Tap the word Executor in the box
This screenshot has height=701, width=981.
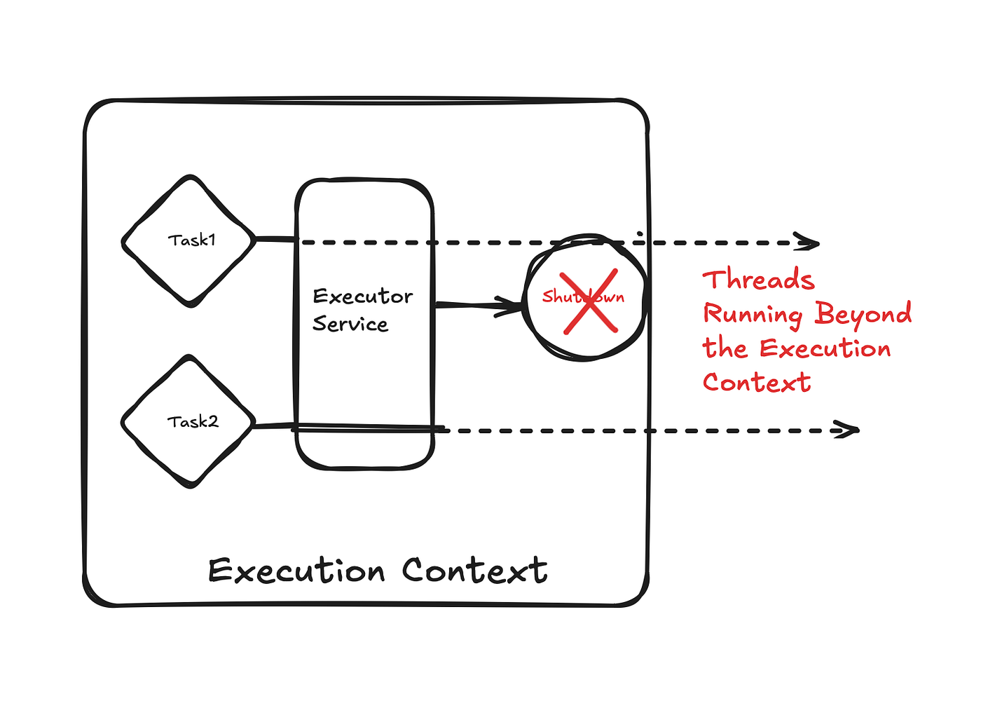(x=362, y=297)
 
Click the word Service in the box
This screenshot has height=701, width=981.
(x=350, y=324)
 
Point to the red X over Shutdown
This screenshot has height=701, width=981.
(x=589, y=301)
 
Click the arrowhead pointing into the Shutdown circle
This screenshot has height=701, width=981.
(x=510, y=306)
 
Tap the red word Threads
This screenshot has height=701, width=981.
(x=758, y=280)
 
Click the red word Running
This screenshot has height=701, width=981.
(x=753, y=315)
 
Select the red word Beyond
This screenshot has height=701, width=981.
(x=863, y=315)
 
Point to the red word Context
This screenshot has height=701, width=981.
(x=757, y=383)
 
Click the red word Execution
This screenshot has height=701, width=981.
(x=825, y=348)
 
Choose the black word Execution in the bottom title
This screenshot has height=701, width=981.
(x=296, y=571)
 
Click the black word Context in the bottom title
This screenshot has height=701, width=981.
(x=474, y=571)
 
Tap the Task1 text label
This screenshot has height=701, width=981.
(x=191, y=240)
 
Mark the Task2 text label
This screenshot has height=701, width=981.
(x=193, y=422)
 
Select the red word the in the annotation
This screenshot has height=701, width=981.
(x=725, y=348)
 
